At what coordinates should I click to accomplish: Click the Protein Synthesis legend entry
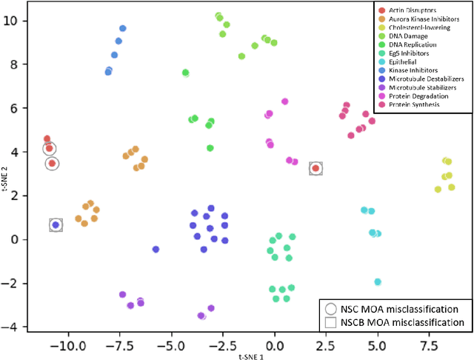410,104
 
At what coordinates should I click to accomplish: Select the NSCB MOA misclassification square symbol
330,322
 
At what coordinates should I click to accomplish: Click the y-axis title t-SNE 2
5,169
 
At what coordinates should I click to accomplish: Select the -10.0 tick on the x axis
67,345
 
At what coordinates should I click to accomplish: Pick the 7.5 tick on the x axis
429,345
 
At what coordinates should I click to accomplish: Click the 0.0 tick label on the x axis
274,345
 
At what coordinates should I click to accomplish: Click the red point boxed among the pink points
316,169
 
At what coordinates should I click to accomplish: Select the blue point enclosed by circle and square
56,224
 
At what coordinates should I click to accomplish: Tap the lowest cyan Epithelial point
378,281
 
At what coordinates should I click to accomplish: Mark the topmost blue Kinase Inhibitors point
123,28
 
